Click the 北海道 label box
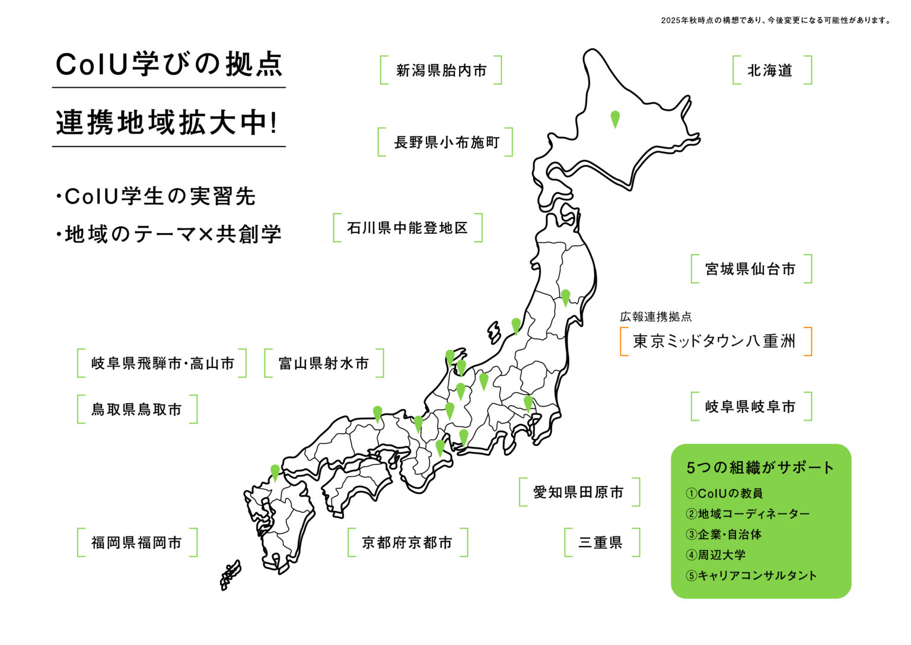tap(770, 71)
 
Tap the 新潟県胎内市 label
tap(441, 71)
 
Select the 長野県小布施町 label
tap(446, 142)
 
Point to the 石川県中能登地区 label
tap(407, 228)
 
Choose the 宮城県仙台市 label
tap(750, 269)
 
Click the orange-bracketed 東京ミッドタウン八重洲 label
tap(715, 341)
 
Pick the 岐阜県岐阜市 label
tap(750, 406)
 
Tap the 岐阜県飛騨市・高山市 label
tap(163, 363)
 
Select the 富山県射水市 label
tap(324, 363)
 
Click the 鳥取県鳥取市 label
tap(136, 409)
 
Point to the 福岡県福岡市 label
tap(136, 542)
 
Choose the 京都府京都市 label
tap(407, 542)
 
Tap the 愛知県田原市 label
tap(579, 492)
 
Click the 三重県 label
tap(601, 542)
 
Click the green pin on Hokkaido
tap(615, 118)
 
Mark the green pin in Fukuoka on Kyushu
tap(275, 472)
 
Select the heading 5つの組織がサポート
tap(760, 468)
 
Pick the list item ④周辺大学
tap(716, 555)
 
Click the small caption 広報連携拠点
tap(656, 317)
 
